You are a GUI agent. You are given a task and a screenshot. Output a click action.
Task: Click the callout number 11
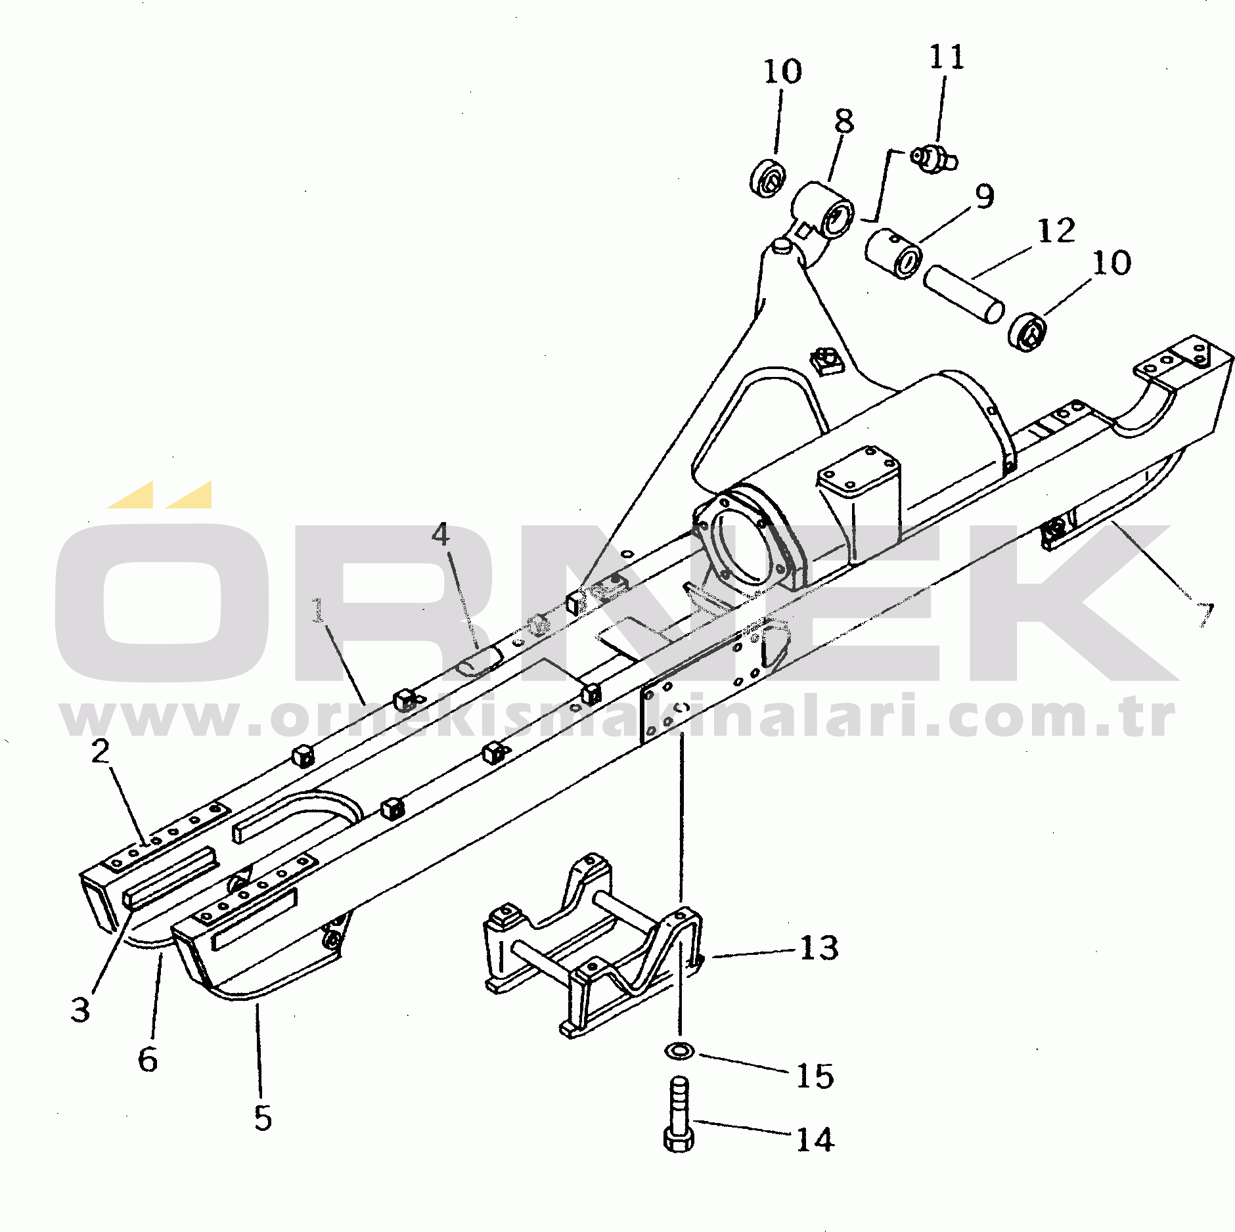coord(947,57)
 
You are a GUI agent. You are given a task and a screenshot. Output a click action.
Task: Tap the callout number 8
coord(844,121)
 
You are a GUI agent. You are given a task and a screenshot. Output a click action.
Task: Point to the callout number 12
coord(1056,231)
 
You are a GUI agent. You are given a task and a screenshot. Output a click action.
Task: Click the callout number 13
coord(819,948)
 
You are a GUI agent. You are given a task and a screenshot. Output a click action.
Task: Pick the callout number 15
coord(815,1076)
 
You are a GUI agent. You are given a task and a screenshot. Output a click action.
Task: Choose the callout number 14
coord(815,1139)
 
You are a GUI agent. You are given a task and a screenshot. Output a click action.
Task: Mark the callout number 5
coord(263,1118)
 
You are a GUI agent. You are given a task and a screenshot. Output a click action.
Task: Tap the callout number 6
coord(148,1059)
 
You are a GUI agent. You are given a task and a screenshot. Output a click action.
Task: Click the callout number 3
coord(80,1009)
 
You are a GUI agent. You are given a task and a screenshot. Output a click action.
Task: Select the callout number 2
coord(101,751)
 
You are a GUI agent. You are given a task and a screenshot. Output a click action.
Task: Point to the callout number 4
coord(441,535)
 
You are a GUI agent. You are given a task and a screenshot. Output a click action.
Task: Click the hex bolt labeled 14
coord(679,1116)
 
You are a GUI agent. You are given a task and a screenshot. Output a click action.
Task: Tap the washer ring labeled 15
coord(679,1049)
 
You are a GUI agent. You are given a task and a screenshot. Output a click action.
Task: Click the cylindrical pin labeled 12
coord(964,294)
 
